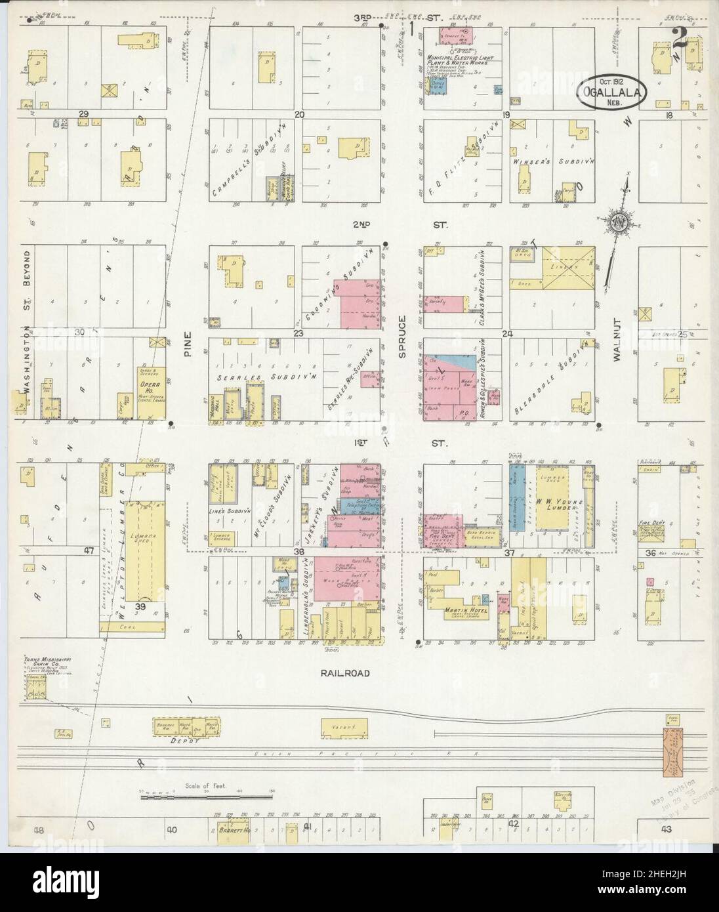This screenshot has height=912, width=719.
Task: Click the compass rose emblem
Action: pyautogui.click(x=618, y=223)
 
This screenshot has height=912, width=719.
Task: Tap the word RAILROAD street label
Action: pyautogui.click(x=346, y=673)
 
